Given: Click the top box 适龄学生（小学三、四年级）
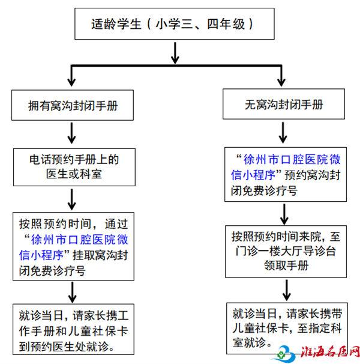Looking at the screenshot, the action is coord(175,23).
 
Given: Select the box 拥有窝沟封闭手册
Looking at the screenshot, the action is coord(73,105).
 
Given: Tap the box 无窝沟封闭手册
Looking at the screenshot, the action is coord(284,104).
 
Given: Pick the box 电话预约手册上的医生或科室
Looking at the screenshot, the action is coord(74,167).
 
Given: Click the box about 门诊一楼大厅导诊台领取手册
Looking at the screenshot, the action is coord(286,252).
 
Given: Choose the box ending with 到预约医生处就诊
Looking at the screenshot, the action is coord(73,329).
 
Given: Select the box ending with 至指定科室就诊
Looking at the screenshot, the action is coord(287,328).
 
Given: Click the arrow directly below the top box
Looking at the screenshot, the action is coord(175,53).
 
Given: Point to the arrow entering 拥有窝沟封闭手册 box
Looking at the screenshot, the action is coord(71,76).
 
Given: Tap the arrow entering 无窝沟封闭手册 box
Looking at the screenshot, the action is coord(281,76).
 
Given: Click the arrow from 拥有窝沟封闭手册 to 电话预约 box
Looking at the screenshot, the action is coord(71,133).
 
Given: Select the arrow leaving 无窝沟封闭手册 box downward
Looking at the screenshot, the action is coord(283,133).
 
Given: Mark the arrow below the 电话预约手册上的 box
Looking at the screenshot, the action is coord(72,199).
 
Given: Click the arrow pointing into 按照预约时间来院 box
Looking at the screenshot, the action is coord(284,214).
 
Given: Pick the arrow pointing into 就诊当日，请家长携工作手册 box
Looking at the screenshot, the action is coord(73,293).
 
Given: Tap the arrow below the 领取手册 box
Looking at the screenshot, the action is coord(287,290).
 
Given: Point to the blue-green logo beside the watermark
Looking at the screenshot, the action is coord(286,354).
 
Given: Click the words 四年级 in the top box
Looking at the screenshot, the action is coord(226,24).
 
